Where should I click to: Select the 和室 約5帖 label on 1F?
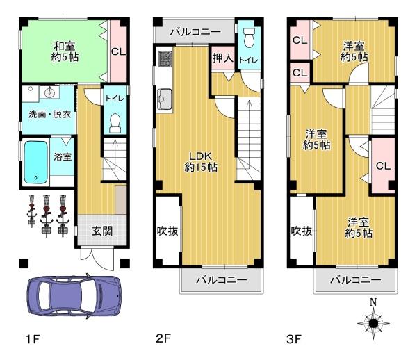click(x=66, y=52)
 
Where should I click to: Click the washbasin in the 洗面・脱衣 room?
click(x=49, y=92)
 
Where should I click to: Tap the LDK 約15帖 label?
click(x=198, y=161)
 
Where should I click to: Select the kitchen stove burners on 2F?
click(x=165, y=60)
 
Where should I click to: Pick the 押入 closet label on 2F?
click(x=222, y=58)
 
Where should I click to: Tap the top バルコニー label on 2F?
click(x=195, y=32)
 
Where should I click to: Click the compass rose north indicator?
click(x=373, y=321)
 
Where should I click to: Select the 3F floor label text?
click(x=295, y=340)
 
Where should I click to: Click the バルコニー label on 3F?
click(x=355, y=280)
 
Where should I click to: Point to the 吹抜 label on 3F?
click(x=301, y=231)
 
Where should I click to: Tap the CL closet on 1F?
click(x=118, y=51)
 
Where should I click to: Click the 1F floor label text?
click(x=32, y=340)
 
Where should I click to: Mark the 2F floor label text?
click(x=163, y=340)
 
